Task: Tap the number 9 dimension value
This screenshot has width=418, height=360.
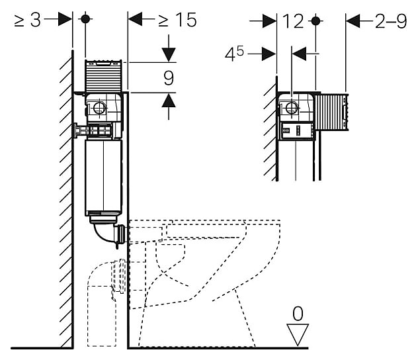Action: coord(169,78)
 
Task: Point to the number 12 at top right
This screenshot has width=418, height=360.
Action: coord(292,21)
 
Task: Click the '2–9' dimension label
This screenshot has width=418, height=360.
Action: coord(391,21)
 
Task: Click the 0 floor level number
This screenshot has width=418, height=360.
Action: coord(299,311)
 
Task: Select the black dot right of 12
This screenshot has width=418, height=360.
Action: coord(316,21)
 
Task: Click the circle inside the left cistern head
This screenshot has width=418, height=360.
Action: coord(99,107)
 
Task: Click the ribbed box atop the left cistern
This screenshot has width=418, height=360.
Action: coord(104,76)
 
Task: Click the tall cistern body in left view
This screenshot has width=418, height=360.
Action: coord(104,179)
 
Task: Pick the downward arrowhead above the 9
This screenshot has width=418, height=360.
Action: coord(169,52)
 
